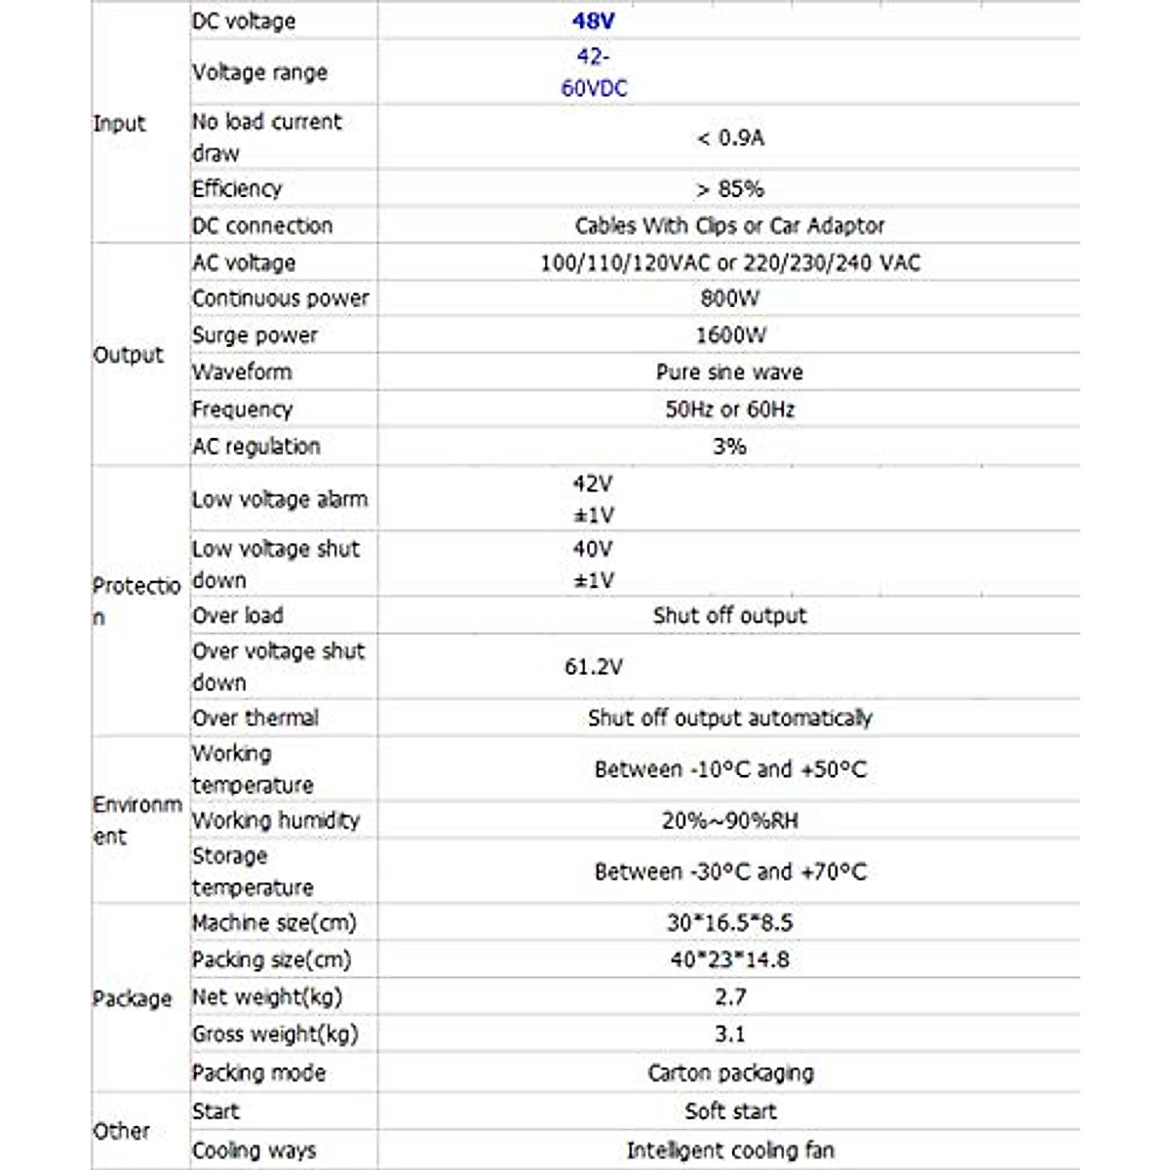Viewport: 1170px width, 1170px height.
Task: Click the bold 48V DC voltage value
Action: (593, 20)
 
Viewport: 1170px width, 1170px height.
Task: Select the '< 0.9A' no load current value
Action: (730, 138)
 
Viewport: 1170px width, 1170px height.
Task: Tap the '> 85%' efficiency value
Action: (730, 189)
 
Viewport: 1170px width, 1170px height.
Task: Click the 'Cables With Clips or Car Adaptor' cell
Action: (729, 226)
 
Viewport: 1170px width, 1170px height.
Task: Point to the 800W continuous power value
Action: (729, 298)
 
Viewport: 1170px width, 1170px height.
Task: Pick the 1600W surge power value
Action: (730, 335)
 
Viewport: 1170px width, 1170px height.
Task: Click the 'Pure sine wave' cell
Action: (729, 372)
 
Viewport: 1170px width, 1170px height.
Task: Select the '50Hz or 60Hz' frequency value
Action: (729, 409)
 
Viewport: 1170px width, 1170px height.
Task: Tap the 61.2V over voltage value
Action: (593, 667)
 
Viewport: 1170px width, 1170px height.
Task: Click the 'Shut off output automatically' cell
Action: (729, 719)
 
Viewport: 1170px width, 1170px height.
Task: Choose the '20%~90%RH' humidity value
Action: (729, 821)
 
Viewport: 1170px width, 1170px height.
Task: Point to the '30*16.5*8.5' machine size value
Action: (729, 922)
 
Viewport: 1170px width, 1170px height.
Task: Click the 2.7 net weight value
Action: (729, 997)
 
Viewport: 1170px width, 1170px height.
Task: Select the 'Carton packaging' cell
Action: (730, 1073)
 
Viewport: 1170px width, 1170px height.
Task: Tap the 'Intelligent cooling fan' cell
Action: (730, 1150)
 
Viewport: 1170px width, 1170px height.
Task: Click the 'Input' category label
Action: (119, 124)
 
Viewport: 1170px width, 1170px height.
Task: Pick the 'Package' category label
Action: (132, 998)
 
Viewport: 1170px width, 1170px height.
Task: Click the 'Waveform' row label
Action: (242, 372)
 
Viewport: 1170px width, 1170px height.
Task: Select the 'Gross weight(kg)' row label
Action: (275, 1034)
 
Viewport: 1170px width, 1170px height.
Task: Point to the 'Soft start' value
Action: (730, 1111)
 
